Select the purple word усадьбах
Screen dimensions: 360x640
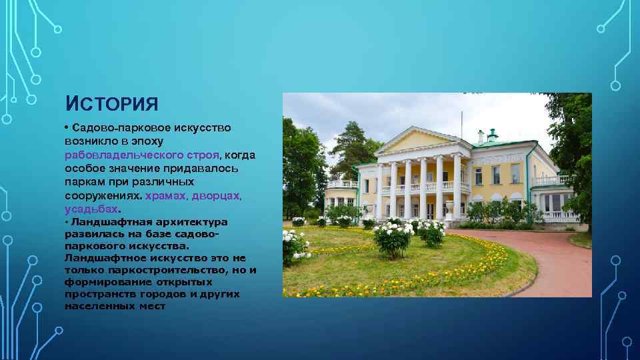(91, 209)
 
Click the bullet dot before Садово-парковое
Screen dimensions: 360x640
(67, 127)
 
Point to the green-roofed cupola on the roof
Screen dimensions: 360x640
(493, 135)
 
